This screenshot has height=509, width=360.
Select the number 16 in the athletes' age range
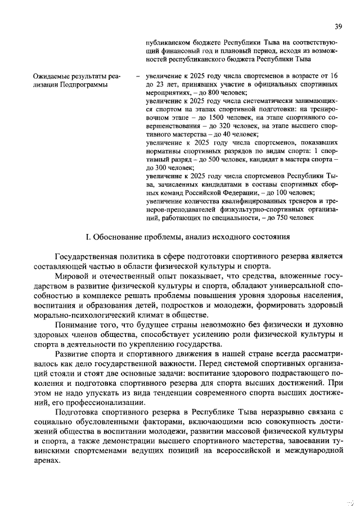coord(332,75)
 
